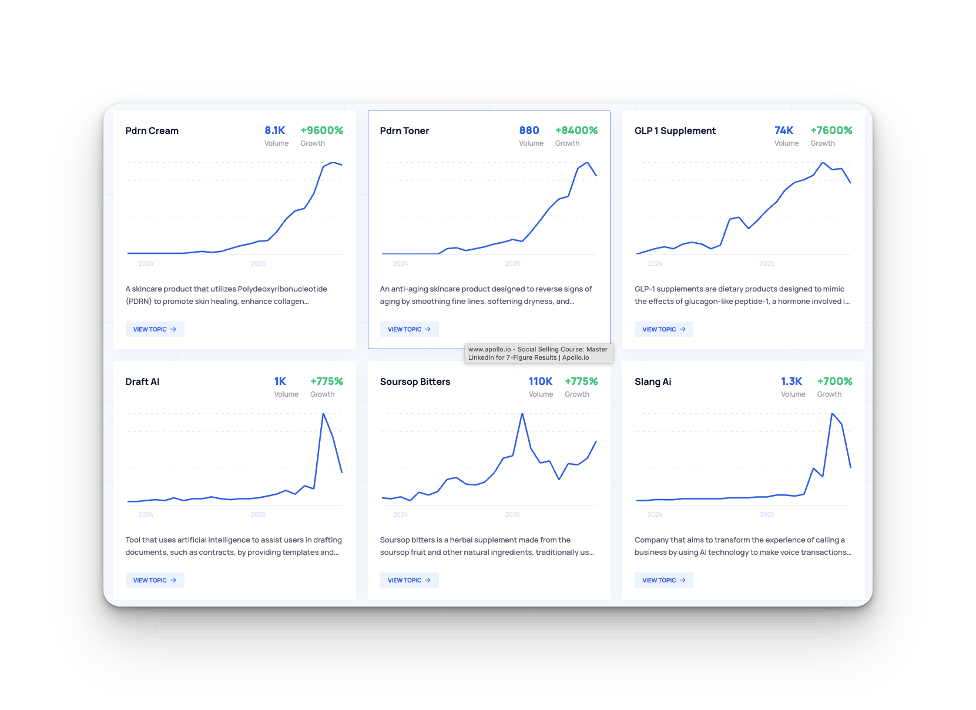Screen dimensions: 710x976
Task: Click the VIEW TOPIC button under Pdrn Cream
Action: (x=155, y=329)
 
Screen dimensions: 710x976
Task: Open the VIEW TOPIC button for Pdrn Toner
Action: (x=409, y=329)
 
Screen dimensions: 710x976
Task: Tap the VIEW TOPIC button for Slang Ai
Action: (x=663, y=580)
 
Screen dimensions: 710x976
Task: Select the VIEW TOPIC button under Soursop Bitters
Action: (x=409, y=580)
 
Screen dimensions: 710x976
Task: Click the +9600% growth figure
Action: (x=321, y=130)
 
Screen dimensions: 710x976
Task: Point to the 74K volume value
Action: (x=784, y=130)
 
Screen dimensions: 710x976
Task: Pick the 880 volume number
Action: (x=529, y=130)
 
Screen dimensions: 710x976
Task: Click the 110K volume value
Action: (x=541, y=381)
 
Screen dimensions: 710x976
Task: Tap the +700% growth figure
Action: (x=834, y=381)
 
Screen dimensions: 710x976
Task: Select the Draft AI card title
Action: (x=142, y=381)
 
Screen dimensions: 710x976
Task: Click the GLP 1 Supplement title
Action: (x=675, y=130)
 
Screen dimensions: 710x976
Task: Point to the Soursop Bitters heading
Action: (x=415, y=381)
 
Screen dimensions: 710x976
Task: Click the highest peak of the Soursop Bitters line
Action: (x=522, y=414)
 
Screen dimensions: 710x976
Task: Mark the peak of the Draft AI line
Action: (x=323, y=414)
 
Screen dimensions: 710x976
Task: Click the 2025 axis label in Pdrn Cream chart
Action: (x=258, y=263)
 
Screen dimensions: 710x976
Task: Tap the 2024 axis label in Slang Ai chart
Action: (x=655, y=514)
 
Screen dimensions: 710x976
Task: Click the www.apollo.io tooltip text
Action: (x=538, y=353)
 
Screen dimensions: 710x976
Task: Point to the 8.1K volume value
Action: (x=274, y=130)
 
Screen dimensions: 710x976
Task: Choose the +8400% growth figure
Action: (x=576, y=130)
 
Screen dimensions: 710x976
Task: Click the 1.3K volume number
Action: (x=791, y=381)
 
